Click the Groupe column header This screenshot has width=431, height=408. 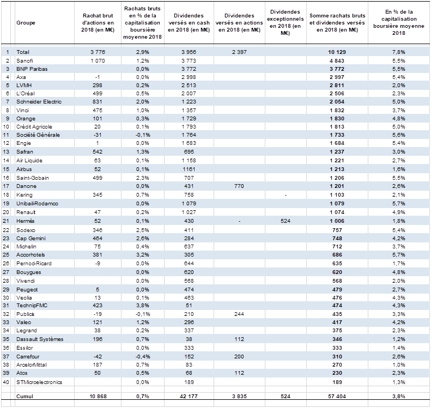[x=26, y=23]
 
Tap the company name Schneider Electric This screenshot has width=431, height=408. [x=39, y=102]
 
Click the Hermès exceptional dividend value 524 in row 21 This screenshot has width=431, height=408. [x=286, y=221]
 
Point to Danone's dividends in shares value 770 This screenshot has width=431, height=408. [x=239, y=186]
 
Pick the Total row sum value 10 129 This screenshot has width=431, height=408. [x=337, y=52]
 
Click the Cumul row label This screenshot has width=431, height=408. [x=25, y=396]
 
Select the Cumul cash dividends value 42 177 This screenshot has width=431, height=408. [x=189, y=396]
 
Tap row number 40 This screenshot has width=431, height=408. [x=6, y=382]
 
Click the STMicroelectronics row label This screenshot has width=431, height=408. [x=39, y=382]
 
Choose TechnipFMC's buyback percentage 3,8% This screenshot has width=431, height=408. [x=143, y=306]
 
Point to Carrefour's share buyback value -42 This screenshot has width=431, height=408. [x=98, y=357]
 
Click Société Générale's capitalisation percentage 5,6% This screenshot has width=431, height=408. [x=399, y=135]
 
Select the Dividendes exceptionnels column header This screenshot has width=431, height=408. [x=286, y=22]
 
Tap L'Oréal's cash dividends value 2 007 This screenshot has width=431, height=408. [x=189, y=93]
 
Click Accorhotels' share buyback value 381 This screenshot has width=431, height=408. [x=98, y=255]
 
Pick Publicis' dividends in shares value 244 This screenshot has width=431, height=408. [x=239, y=314]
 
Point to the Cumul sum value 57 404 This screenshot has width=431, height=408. [x=337, y=396]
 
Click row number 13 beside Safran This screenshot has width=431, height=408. [x=6, y=151]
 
